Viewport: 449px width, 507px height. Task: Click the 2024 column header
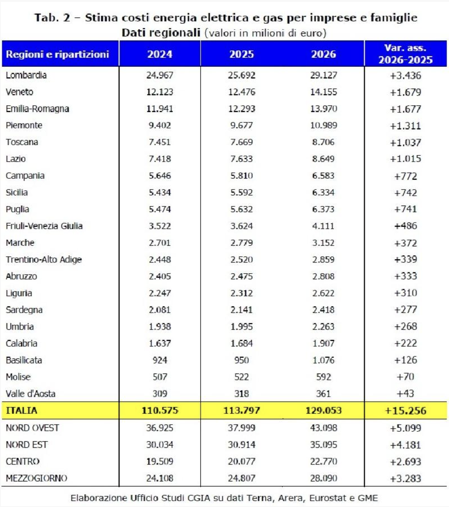tap(160, 55)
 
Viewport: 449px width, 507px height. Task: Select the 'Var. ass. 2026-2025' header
tap(405, 54)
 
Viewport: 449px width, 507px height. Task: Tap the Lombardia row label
tap(26, 75)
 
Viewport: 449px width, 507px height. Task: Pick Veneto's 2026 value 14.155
tap(324, 92)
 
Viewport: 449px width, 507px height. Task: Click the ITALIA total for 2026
tap(324, 410)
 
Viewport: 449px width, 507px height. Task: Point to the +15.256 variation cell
tap(405, 410)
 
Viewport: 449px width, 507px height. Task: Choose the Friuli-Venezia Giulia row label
tap(44, 226)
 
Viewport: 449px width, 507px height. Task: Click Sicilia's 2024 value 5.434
tap(160, 192)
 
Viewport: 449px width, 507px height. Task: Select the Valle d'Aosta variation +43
tap(405, 394)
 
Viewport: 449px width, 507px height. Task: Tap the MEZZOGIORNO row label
tap(36, 478)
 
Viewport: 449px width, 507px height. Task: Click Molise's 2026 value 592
tap(324, 377)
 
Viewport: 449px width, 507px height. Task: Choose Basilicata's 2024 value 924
tap(160, 360)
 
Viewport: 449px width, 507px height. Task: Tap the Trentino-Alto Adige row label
tap(43, 259)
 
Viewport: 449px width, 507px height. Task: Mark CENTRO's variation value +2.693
tap(405, 461)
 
